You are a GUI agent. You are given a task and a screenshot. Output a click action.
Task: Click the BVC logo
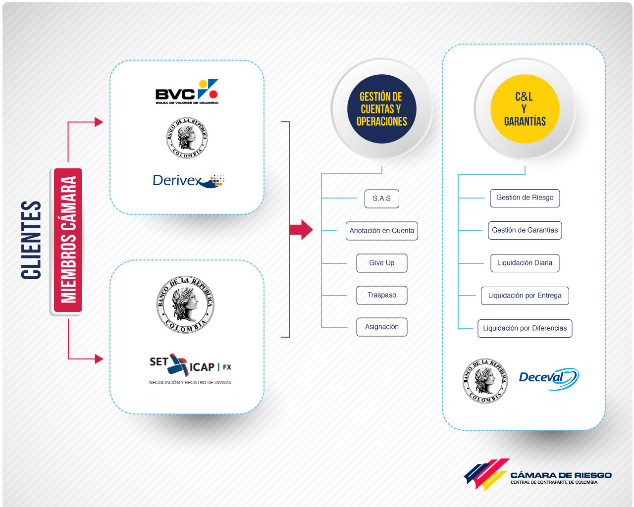point(187,91)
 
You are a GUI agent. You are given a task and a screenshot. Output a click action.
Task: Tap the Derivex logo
point(188,181)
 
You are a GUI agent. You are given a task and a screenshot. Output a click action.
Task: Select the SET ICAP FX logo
point(190,369)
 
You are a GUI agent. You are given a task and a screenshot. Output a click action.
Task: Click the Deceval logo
point(549,379)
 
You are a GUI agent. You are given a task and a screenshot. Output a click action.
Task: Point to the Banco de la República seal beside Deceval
point(484,380)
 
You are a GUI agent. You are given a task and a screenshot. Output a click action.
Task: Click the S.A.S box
point(381,199)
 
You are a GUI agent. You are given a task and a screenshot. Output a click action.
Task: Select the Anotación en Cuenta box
point(381,231)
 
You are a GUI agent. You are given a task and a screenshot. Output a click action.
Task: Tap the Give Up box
point(381,263)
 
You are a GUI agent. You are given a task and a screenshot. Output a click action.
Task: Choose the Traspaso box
point(381,295)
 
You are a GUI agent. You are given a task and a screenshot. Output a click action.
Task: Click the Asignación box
point(381,327)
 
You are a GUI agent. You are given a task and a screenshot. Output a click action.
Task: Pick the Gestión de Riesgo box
point(525,198)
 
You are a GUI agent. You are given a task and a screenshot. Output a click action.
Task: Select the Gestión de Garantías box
point(525,230)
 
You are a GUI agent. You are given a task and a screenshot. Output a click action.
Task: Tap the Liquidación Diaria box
point(525,263)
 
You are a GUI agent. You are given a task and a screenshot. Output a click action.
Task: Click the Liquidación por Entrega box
point(525,296)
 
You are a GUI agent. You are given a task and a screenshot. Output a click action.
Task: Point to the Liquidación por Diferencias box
point(525,328)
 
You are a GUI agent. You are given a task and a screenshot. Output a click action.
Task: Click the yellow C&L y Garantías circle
point(525,109)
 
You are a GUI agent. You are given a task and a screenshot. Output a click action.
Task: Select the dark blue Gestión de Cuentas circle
point(381,109)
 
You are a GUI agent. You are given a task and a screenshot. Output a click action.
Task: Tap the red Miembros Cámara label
point(68,240)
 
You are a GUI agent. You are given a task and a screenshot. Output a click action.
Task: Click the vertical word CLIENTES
point(31,240)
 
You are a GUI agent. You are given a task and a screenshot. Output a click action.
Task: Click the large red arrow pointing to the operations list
point(301,230)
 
